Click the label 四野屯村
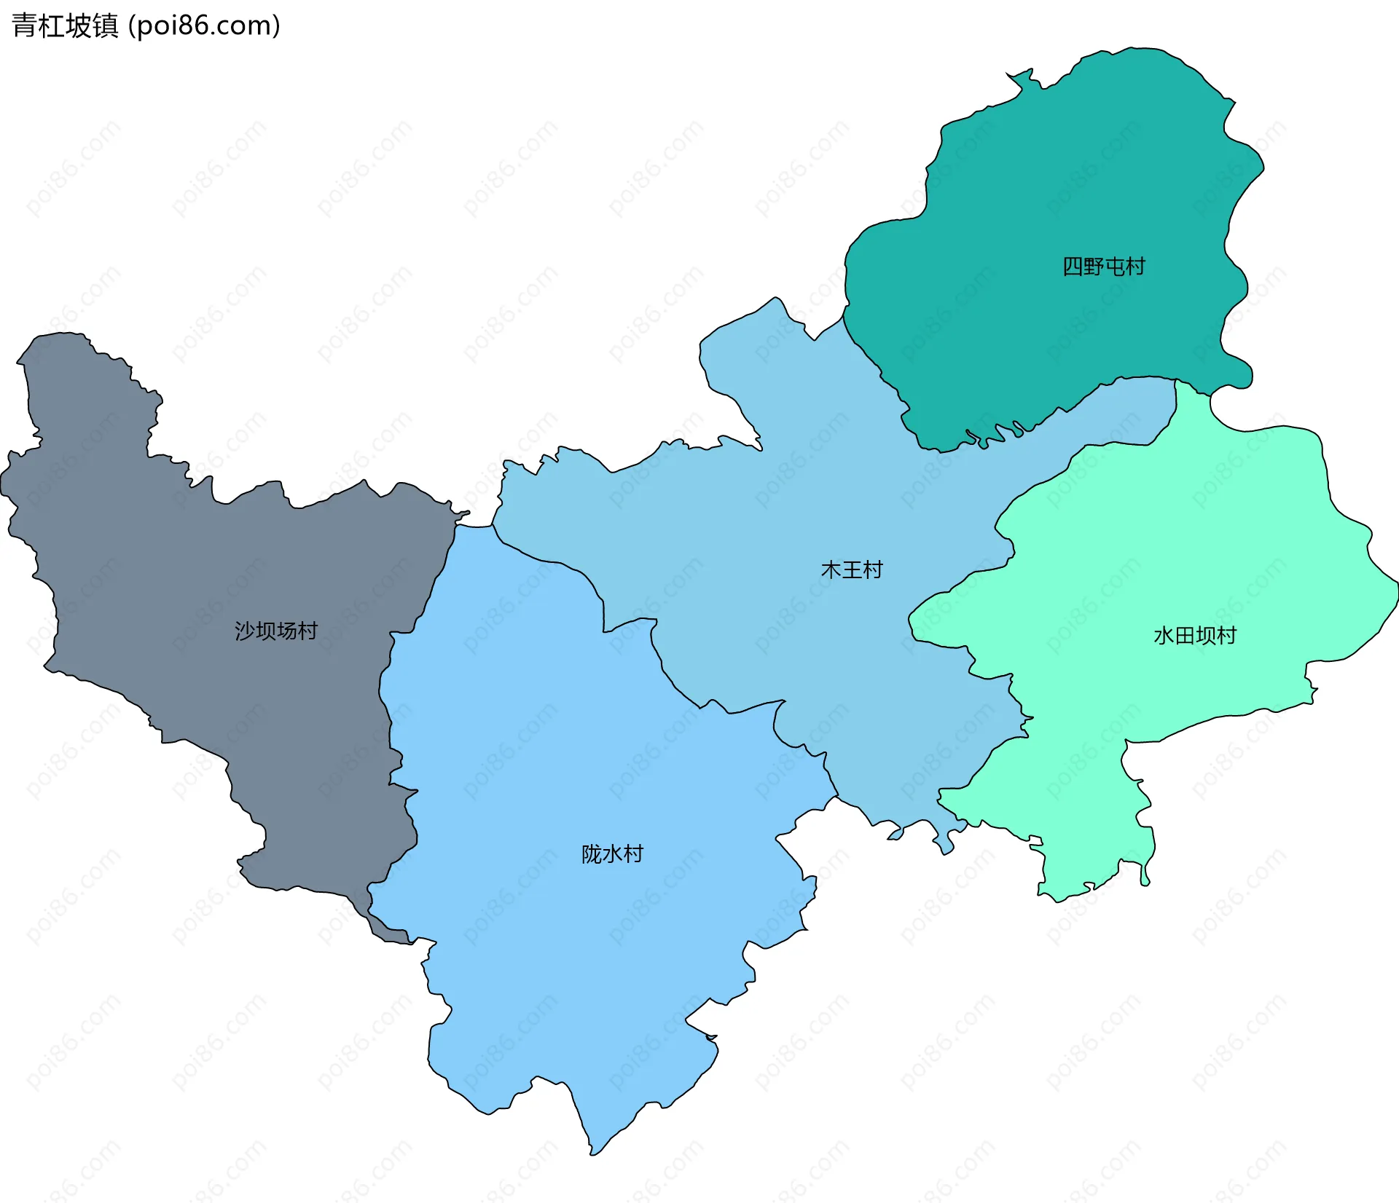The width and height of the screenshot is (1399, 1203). tap(1103, 267)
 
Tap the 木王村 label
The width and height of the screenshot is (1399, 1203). tap(851, 569)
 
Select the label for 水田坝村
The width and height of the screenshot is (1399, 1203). tap(1195, 636)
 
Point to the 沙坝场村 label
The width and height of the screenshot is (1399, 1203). tap(275, 631)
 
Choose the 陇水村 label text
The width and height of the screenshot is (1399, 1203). tap(612, 853)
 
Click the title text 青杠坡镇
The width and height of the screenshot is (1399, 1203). tap(65, 25)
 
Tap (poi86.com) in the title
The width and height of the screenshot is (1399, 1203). tap(204, 25)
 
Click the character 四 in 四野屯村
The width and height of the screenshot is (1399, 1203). tap(1073, 267)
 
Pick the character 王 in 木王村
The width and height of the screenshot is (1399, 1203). tap(851, 569)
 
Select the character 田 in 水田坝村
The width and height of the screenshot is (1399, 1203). tap(1185, 636)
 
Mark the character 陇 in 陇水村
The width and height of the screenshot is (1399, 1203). tap(591, 853)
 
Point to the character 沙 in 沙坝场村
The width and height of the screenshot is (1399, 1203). tap(245, 631)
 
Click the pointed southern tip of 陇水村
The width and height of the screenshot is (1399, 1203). tap(592, 1153)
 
